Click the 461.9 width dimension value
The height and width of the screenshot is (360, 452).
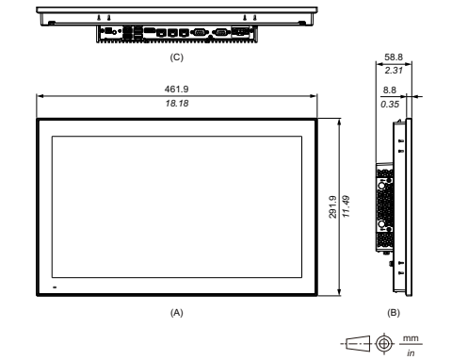(176, 89)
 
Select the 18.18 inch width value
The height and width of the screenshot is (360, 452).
(177, 104)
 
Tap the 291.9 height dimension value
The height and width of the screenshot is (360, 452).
(332, 206)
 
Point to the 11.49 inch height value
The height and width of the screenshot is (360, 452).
(346, 206)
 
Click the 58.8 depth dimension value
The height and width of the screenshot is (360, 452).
(394, 57)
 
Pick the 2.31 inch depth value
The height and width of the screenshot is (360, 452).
(394, 70)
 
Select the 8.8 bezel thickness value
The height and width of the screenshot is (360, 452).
(390, 90)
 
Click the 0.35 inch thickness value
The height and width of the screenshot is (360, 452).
(390, 104)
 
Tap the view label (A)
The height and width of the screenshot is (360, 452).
(177, 313)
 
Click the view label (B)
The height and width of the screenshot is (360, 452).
(394, 313)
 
